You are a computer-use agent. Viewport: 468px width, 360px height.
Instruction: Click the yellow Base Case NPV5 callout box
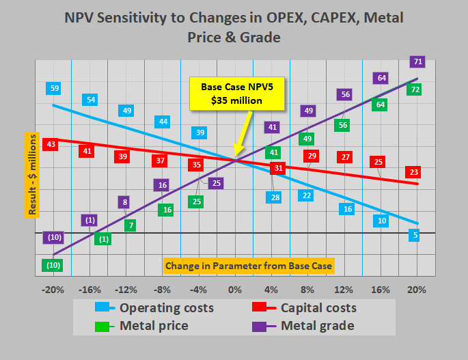(237, 94)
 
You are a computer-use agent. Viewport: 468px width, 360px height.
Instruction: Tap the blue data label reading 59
(53, 88)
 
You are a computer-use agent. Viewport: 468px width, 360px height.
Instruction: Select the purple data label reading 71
(417, 61)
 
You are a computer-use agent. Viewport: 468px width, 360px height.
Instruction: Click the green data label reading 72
(414, 89)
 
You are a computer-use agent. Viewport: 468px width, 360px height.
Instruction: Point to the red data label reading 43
(50, 144)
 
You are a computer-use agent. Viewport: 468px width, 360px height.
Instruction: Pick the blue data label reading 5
(414, 235)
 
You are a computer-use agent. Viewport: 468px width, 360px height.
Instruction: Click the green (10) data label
(53, 265)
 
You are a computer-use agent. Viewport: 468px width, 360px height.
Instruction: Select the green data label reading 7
(130, 225)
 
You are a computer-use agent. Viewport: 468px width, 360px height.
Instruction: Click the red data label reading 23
(413, 172)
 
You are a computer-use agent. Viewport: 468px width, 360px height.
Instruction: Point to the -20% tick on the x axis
(53, 290)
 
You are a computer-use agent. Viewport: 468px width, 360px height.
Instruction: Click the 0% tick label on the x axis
(235, 290)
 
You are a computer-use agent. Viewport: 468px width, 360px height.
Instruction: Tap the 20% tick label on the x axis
(417, 290)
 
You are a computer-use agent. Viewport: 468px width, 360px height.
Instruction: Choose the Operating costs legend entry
(154, 308)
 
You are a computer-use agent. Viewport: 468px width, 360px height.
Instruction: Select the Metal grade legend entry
(303, 326)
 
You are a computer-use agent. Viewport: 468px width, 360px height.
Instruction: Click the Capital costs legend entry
(304, 308)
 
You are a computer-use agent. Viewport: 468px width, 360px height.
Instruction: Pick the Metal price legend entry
(141, 326)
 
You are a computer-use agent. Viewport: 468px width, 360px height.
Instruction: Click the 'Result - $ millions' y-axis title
(32, 175)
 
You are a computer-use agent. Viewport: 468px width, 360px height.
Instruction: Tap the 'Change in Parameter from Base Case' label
(249, 266)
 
